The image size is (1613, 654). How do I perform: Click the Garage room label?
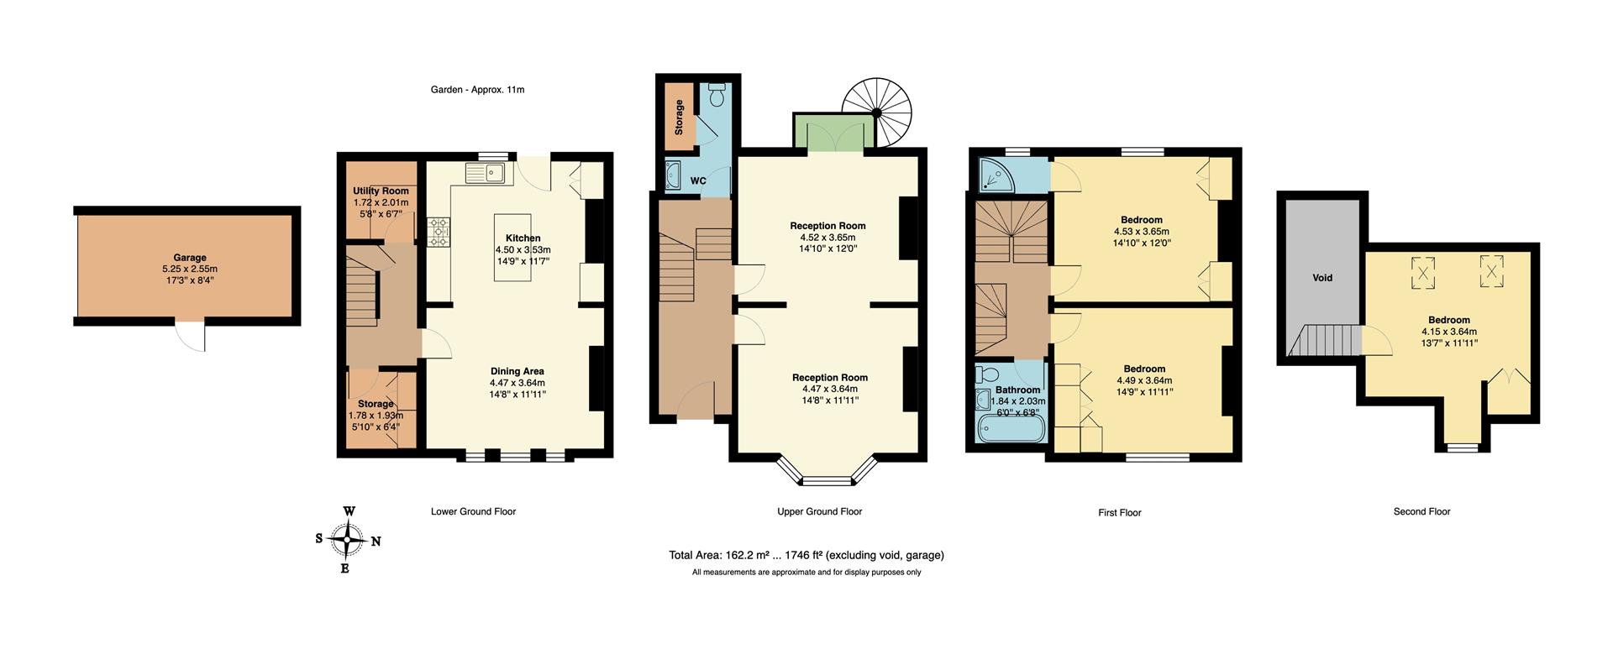pos(189,258)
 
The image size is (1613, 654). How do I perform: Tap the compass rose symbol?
pos(348,540)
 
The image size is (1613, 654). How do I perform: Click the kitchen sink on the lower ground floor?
pos(485,174)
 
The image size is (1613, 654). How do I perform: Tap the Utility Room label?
pos(381,191)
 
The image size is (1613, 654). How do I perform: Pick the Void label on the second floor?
pos(1322,278)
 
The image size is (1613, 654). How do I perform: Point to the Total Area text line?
pos(806,555)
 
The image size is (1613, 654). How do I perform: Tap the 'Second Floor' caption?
pos(1421,511)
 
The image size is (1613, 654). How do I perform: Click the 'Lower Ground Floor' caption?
pos(473,511)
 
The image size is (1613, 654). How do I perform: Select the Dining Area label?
pos(517,371)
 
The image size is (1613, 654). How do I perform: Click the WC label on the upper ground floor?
pos(698,181)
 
